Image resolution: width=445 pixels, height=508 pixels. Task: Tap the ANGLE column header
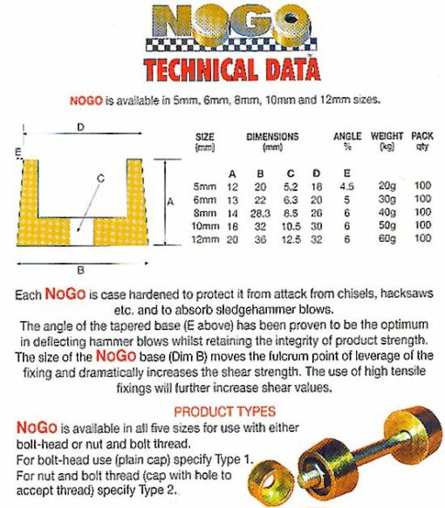pos(347,136)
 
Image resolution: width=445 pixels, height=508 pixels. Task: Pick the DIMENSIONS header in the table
pos(272,136)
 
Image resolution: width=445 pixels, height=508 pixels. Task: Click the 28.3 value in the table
pos(260,212)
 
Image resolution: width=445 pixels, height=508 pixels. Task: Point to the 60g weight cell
pos(386,237)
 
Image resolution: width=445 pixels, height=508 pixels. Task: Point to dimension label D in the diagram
pos(80,127)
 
